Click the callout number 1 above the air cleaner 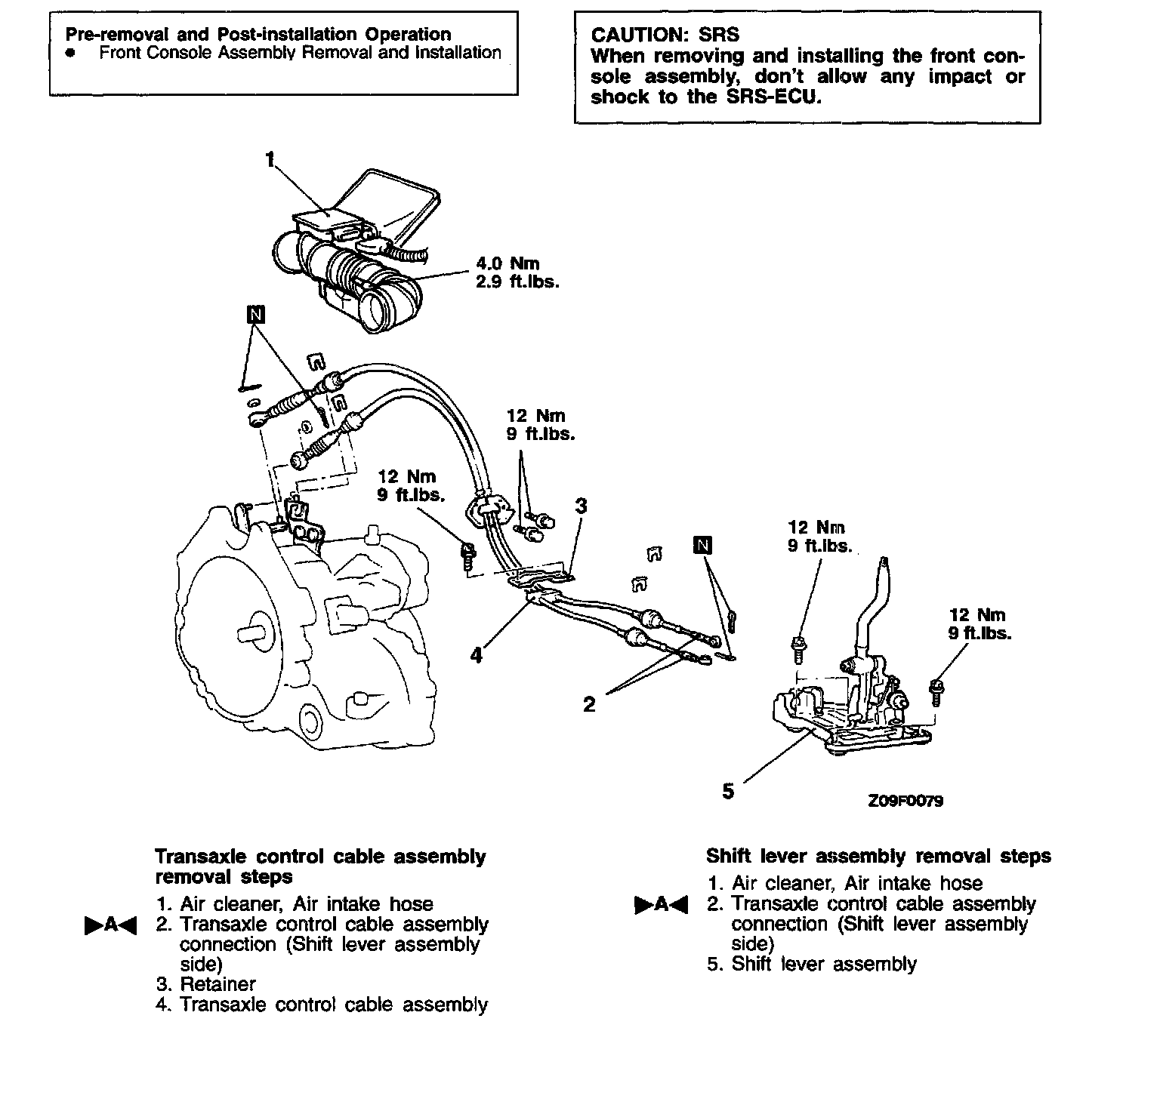(x=270, y=159)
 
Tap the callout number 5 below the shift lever (x=728, y=791)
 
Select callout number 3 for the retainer (x=581, y=506)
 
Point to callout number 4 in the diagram (x=476, y=655)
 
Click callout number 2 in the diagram (x=589, y=704)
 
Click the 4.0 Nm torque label (x=507, y=263)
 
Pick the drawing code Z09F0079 (x=905, y=802)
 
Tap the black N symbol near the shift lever (x=703, y=545)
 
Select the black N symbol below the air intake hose (x=256, y=315)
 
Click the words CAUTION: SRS (x=665, y=35)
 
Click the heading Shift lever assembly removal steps (x=878, y=856)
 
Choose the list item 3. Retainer (x=206, y=984)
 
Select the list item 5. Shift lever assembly (x=812, y=964)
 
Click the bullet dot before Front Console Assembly (x=70, y=54)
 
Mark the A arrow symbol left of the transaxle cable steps (x=110, y=925)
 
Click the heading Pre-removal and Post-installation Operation (x=258, y=34)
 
